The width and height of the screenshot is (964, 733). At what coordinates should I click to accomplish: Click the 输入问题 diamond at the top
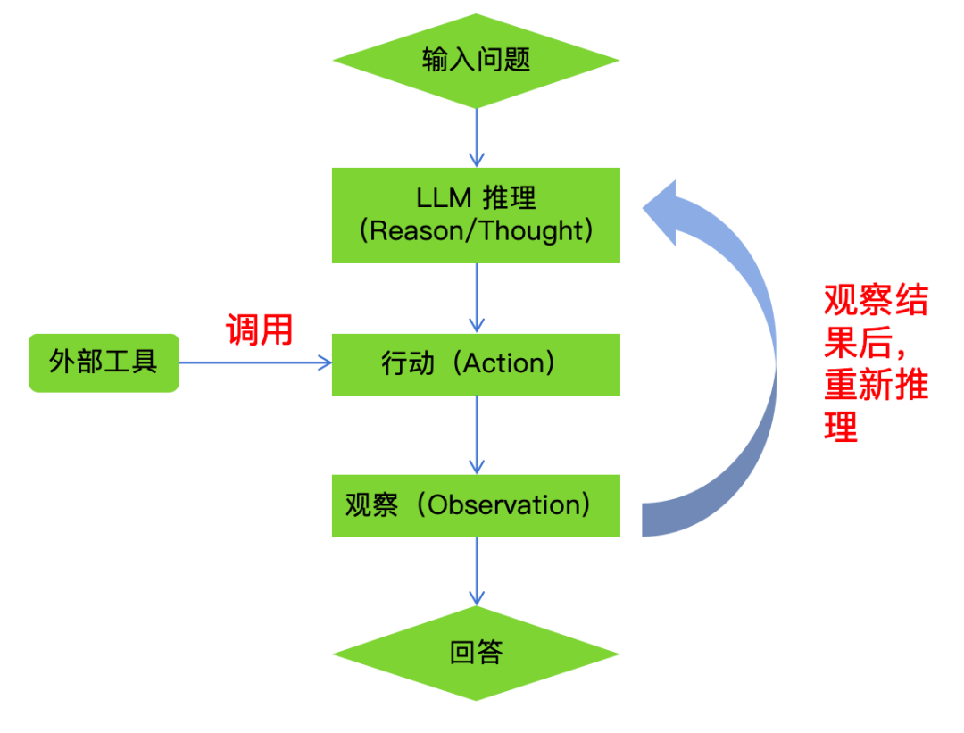coord(476,61)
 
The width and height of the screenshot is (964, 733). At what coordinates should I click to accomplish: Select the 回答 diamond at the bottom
coord(476,653)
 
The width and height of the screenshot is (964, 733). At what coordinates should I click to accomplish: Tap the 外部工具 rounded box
coord(104,362)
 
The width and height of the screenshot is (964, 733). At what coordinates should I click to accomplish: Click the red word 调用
coord(259,329)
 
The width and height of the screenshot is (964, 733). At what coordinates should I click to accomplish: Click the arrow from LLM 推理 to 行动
coord(477,298)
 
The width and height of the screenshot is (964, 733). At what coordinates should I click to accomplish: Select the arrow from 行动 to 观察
coord(477,435)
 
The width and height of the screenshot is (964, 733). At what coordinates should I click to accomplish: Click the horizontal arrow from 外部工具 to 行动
coord(255,362)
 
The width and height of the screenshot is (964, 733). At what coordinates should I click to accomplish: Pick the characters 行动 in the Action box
coord(408,363)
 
